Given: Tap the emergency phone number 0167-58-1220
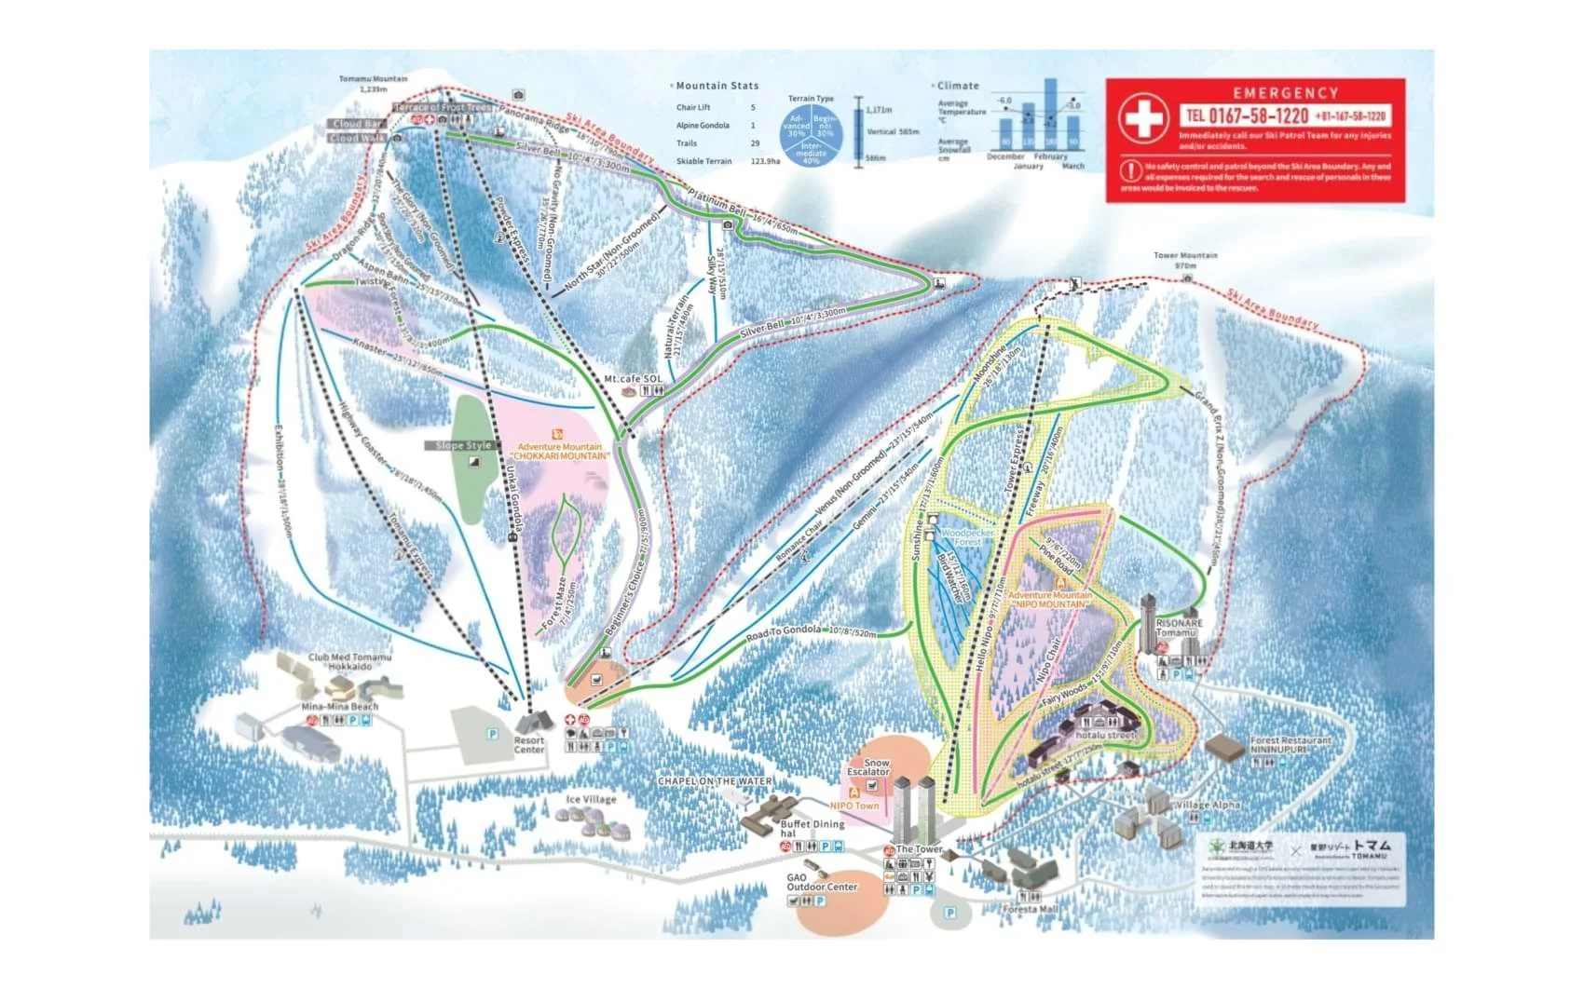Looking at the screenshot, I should click(1246, 116).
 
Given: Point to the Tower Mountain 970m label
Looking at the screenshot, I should click(1185, 260).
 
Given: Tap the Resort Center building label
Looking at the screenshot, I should click(529, 745).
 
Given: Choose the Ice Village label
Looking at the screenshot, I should click(591, 799).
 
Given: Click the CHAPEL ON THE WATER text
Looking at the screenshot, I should click(714, 780).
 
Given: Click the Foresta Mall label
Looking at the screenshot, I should click(1031, 909).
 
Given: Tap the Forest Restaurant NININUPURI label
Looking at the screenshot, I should click(1290, 744).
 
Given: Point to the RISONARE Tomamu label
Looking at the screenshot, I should click(1179, 628).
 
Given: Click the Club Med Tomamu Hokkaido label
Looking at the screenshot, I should click(349, 661).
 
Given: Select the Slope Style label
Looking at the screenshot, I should click(463, 445).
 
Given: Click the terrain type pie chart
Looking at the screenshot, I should click(811, 136).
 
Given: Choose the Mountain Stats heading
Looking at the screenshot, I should click(717, 86).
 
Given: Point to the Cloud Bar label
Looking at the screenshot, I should click(357, 123).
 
